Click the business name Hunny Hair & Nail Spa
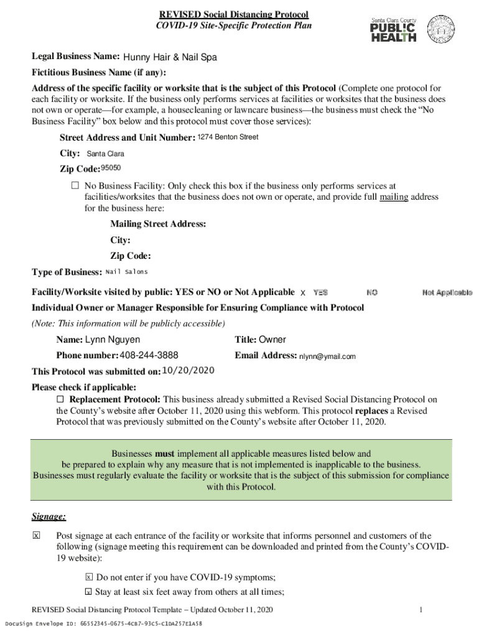point(170,58)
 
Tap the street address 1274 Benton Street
point(228,137)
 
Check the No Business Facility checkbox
point(75,185)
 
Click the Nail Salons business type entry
point(127,272)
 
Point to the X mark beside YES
point(303,292)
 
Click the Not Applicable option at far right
point(447,292)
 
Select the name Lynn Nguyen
point(113,340)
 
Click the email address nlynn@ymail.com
point(327,356)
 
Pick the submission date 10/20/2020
point(188,371)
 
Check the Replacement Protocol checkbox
point(61,399)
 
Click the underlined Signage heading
point(49,517)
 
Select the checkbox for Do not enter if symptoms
point(89,577)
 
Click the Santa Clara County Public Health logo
point(393,29)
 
